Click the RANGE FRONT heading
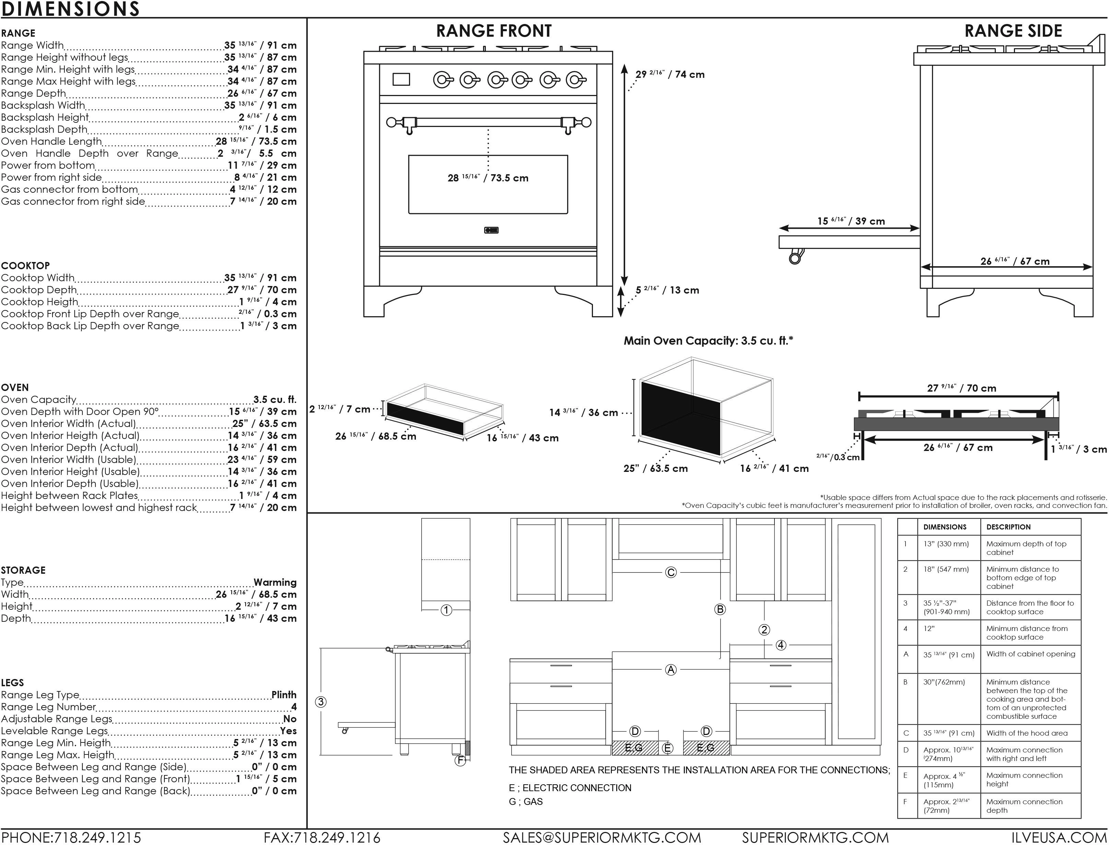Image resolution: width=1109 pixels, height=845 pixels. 494,31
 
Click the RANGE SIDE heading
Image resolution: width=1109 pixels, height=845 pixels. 1013,31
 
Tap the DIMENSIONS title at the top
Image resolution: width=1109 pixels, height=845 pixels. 70,9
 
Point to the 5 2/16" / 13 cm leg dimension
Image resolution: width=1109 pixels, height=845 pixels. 667,290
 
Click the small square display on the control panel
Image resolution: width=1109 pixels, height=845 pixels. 401,80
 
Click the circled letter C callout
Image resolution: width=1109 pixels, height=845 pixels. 671,572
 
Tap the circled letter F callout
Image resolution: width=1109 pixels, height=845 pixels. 460,761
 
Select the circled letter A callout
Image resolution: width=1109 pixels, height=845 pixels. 671,669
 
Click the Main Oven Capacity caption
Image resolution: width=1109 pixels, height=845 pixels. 708,341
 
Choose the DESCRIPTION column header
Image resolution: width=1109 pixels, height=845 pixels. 1008,527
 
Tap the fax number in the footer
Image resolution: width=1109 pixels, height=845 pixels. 322,837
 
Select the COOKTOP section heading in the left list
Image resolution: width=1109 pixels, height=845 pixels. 25,265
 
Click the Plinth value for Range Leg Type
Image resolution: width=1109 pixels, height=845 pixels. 284,694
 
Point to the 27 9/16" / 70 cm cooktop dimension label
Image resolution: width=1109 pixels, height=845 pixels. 961,388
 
